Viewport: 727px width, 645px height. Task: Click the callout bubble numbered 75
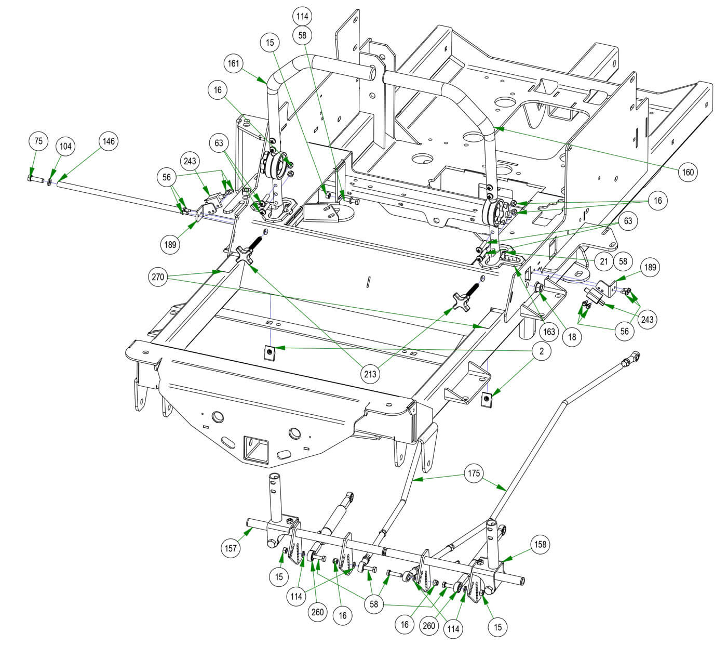pos(38,141)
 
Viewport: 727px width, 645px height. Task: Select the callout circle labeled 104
pos(65,147)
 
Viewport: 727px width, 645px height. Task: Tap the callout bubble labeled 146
pos(109,141)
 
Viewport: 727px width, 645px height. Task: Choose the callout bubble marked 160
pos(688,172)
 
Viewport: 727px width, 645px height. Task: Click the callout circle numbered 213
pos(372,373)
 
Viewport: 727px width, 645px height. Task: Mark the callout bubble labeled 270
pos(158,278)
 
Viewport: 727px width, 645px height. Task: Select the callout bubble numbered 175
pos(474,473)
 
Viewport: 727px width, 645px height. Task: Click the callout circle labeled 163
pos(549,331)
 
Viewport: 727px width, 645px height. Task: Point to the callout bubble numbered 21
pos(603,261)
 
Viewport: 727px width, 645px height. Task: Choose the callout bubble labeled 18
pos(572,336)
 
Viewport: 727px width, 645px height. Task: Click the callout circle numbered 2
pos(542,351)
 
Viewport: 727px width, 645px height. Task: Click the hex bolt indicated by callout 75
pos(32,179)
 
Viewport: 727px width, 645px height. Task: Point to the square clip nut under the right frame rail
pos(487,399)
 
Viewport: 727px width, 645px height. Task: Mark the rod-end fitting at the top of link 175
pos(630,358)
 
